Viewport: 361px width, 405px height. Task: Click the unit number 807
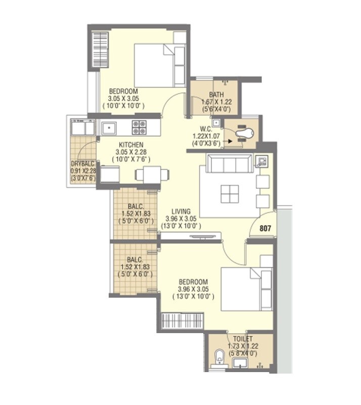[265, 228]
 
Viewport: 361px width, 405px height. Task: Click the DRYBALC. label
[83, 164]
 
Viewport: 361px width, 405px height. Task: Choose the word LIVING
[180, 211]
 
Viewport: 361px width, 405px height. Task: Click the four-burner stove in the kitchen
[139, 127]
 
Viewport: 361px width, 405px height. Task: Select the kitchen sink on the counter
[110, 127]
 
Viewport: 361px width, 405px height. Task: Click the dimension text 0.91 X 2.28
[83, 171]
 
